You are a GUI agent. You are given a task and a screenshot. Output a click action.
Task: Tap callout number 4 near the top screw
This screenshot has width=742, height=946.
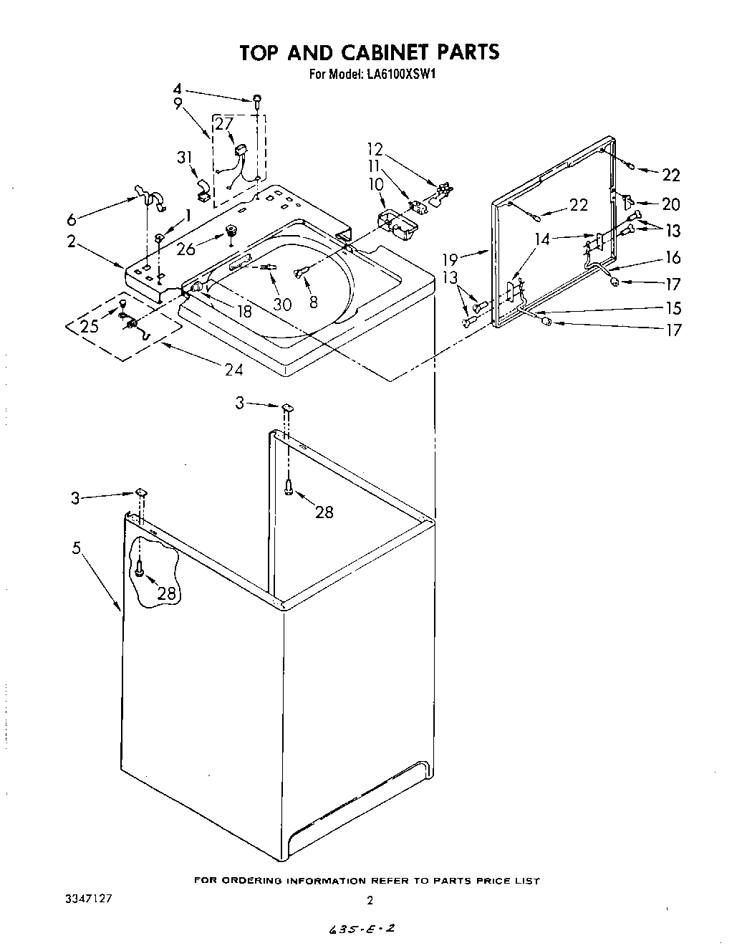click(x=178, y=90)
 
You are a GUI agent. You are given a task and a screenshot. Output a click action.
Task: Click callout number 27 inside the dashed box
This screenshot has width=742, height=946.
click(x=224, y=123)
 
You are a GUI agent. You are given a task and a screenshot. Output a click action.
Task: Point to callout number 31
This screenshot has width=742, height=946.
click(x=185, y=158)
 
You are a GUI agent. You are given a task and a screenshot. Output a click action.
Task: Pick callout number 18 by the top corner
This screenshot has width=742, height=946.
click(x=244, y=312)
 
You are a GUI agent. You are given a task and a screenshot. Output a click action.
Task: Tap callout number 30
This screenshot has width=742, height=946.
click(x=282, y=304)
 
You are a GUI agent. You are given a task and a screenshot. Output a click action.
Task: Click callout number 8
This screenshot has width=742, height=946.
click(x=313, y=302)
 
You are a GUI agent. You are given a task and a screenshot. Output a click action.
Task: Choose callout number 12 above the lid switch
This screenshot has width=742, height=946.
click(x=375, y=149)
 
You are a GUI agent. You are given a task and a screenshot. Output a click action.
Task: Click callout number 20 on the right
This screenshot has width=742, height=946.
click(x=670, y=204)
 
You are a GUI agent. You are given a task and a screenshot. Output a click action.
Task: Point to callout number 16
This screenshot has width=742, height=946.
click(x=673, y=258)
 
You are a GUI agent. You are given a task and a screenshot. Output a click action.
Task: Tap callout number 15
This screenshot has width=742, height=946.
click(x=673, y=309)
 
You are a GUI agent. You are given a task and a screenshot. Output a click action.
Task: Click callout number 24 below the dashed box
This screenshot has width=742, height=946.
click(x=233, y=370)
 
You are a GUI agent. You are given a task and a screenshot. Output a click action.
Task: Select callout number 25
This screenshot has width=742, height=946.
click(x=90, y=326)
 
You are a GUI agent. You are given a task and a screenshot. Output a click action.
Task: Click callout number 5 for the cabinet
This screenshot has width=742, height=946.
click(x=77, y=548)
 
